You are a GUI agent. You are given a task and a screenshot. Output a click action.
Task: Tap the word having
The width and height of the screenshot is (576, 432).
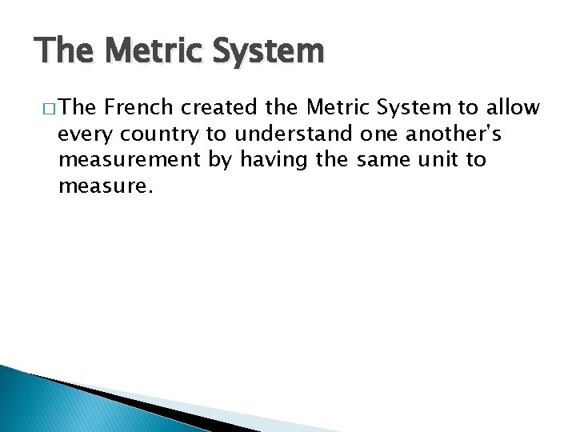click(264, 160)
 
